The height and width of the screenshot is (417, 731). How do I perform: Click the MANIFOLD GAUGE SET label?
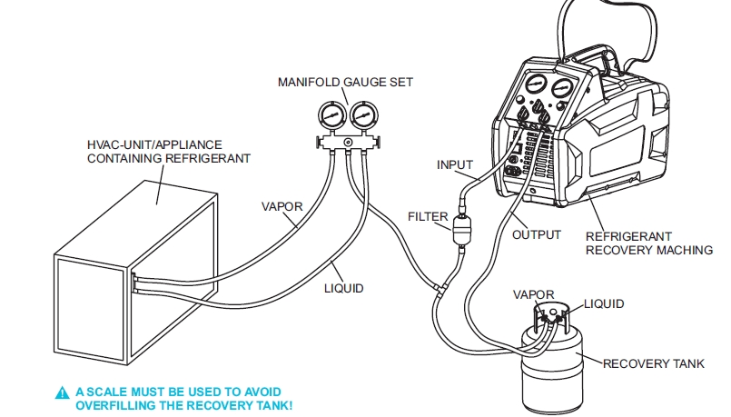coord(345,83)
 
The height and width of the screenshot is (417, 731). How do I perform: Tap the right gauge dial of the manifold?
coord(363,115)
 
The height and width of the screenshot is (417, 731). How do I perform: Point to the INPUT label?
coord(455,164)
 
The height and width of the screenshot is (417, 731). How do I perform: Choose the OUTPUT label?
coord(537,234)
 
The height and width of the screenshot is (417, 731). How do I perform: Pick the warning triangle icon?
coord(62,392)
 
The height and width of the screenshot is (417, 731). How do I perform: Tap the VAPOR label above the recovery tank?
coord(533,295)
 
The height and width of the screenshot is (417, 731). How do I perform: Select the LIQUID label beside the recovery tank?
coord(604,303)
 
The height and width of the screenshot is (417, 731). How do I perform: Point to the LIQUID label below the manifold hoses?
coord(344,288)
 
